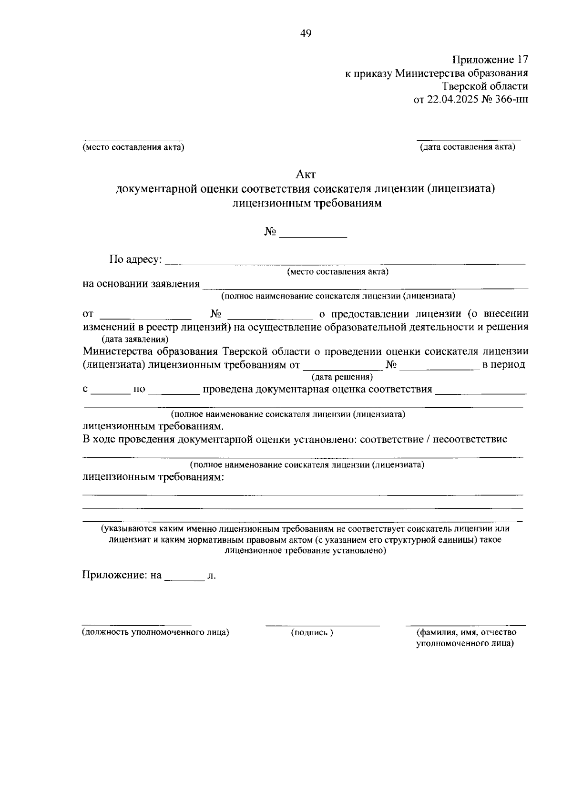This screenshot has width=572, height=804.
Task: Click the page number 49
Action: pos(306,33)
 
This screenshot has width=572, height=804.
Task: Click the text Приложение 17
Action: pos(490,60)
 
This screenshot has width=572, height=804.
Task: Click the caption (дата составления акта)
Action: pos(467,147)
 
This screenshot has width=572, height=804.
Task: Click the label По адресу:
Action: pos(136,260)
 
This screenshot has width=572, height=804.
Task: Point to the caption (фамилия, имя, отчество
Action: pos(466,632)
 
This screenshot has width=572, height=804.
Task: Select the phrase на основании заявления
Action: pos(141,284)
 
